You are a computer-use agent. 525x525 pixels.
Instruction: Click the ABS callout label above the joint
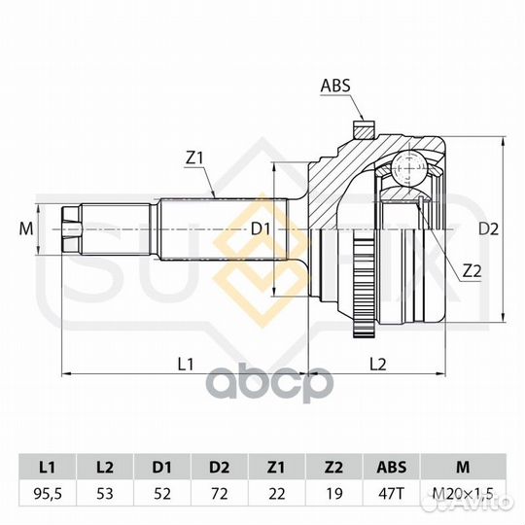click(335, 86)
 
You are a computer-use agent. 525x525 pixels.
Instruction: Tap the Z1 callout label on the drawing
click(194, 158)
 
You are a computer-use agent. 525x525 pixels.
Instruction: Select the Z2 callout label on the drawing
click(472, 271)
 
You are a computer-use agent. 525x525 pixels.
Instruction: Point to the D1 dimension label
click(261, 229)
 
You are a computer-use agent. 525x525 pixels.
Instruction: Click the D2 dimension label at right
click(488, 229)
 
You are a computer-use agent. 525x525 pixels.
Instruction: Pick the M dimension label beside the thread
click(26, 229)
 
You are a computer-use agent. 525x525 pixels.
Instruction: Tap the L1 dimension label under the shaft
click(186, 364)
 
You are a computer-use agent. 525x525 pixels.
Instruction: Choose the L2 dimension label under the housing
click(378, 364)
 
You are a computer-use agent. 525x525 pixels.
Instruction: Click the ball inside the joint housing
click(409, 167)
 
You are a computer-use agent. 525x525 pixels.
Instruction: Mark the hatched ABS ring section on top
click(364, 130)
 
